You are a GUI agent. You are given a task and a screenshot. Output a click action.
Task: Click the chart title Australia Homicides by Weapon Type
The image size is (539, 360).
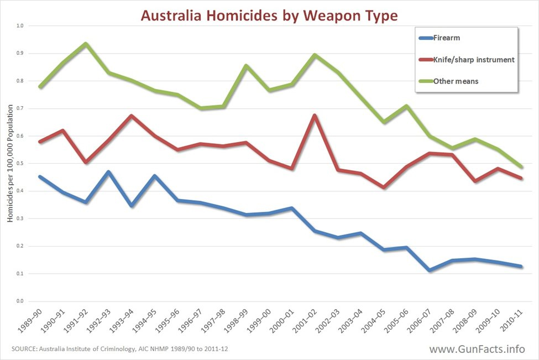[269, 15]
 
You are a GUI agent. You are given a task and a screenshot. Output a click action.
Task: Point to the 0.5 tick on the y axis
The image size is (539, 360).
[20, 164]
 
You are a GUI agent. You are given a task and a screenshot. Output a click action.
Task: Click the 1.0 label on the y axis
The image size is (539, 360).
[20, 26]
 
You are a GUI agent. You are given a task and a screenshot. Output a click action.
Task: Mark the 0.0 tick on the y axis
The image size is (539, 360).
[20, 301]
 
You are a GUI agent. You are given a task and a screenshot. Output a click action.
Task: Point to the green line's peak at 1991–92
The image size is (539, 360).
[86, 44]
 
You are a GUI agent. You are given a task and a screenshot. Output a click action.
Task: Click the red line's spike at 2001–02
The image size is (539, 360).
[315, 116]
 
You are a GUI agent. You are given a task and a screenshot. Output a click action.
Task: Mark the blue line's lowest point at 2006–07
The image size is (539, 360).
[429, 270]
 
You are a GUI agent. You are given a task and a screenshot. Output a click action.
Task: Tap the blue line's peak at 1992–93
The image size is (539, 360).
[109, 172]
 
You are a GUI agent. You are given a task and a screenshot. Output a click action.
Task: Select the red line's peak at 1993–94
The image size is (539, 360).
[132, 116]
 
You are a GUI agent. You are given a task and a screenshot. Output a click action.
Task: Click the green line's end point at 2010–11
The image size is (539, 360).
[521, 166]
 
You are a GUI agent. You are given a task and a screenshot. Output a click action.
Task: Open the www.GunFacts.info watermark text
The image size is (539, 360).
[477, 349]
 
